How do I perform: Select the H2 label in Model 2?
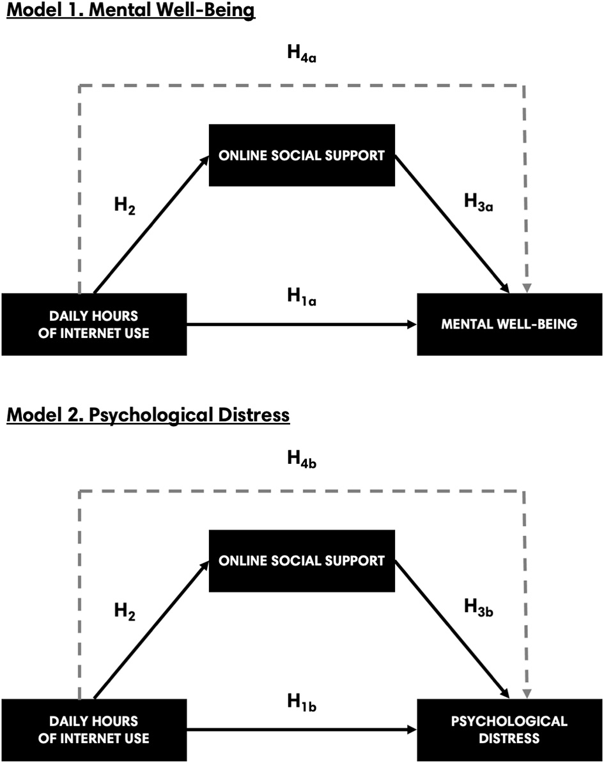tap(125, 610)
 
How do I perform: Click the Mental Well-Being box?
tap(509, 324)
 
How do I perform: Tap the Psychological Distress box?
tap(509, 729)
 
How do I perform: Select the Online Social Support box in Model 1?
tap(302, 155)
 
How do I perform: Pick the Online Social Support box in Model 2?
tap(302, 560)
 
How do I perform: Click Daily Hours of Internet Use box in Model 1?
tap(94, 324)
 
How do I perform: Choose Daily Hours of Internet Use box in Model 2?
tap(94, 729)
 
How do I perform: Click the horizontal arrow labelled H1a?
tap(300, 325)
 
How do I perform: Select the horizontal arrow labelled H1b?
tap(300, 729)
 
